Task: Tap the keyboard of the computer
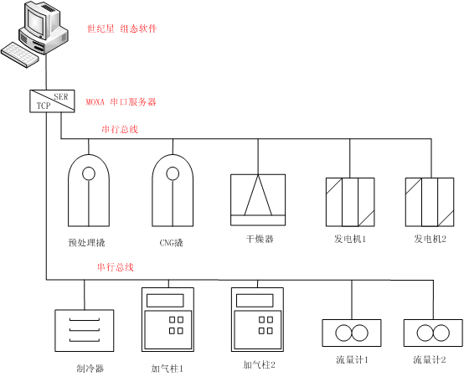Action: (x=20, y=54)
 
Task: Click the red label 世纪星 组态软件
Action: (x=121, y=28)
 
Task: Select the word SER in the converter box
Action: (x=60, y=96)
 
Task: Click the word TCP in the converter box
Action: (x=44, y=106)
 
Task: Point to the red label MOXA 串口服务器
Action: (x=121, y=102)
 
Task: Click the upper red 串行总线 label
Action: (x=120, y=129)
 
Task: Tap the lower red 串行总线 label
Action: (x=115, y=267)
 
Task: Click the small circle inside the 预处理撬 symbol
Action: (x=89, y=173)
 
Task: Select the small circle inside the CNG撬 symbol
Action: (x=173, y=173)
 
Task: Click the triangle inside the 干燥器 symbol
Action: (x=258, y=195)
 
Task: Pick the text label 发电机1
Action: (x=350, y=239)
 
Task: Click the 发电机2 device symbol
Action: (x=430, y=202)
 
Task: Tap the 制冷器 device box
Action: (x=85, y=331)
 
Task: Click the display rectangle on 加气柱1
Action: (x=165, y=301)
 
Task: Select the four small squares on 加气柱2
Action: (x=266, y=325)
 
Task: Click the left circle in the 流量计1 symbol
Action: (x=343, y=333)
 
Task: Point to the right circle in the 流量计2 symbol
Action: (x=441, y=333)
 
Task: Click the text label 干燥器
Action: (x=260, y=239)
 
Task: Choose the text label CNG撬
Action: (x=172, y=243)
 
